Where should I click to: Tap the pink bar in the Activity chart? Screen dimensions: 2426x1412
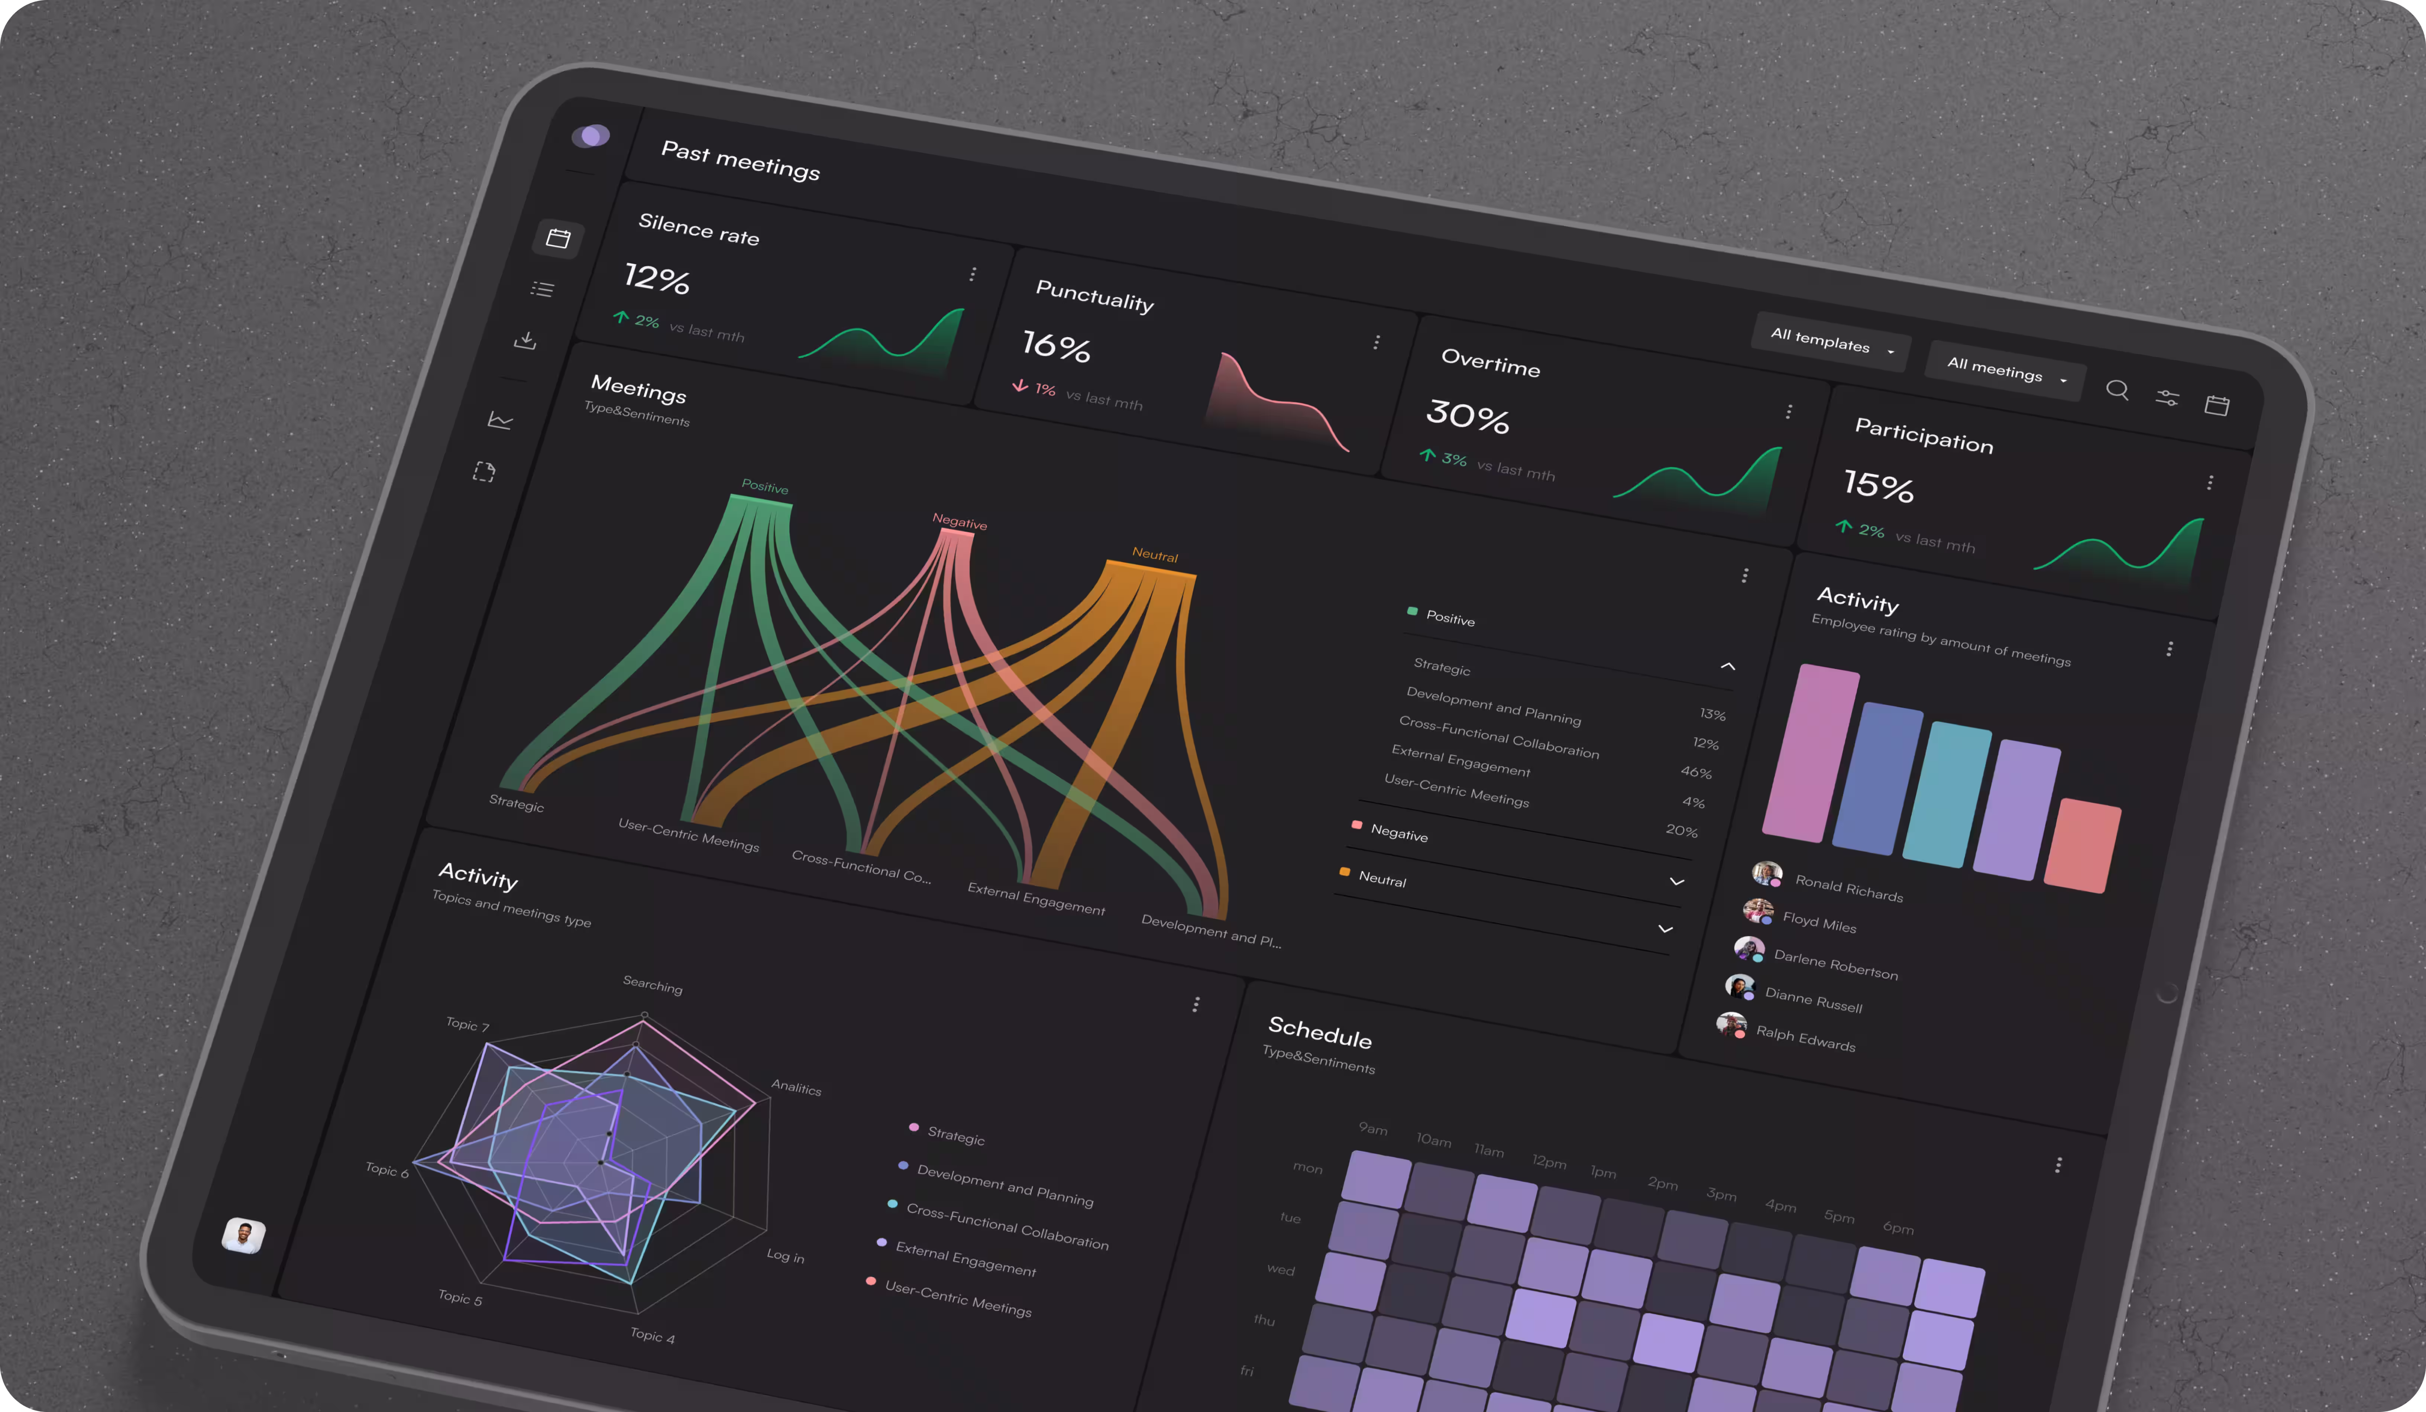click(x=1811, y=753)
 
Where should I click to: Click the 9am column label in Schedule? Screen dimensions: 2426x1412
click(x=1373, y=1128)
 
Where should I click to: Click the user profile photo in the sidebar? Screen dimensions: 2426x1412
click(x=243, y=1235)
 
